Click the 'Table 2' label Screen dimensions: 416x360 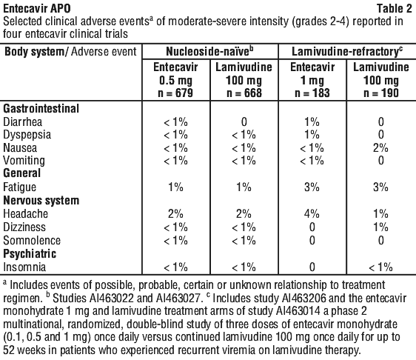click(395, 8)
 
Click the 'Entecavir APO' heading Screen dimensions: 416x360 click(37, 8)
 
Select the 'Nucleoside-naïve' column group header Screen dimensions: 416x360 click(209, 52)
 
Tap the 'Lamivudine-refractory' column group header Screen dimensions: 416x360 click(347, 52)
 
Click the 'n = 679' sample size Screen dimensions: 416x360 click(175, 93)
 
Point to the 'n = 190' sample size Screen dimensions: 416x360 click(381, 93)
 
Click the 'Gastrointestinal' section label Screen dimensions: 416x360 click(41, 109)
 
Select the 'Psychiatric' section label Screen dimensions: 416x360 click(30, 254)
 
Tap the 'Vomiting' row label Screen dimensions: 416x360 click(24, 161)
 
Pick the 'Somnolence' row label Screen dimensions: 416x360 click(32, 241)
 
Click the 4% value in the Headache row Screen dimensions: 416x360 click(312, 214)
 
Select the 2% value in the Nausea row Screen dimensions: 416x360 click(380, 148)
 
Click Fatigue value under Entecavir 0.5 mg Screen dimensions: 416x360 click(175, 187)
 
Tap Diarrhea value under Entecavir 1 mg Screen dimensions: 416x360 click(312, 122)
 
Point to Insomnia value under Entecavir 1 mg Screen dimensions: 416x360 click(312, 267)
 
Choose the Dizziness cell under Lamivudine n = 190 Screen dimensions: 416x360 click(381, 227)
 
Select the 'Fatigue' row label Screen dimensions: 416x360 click(20, 187)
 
